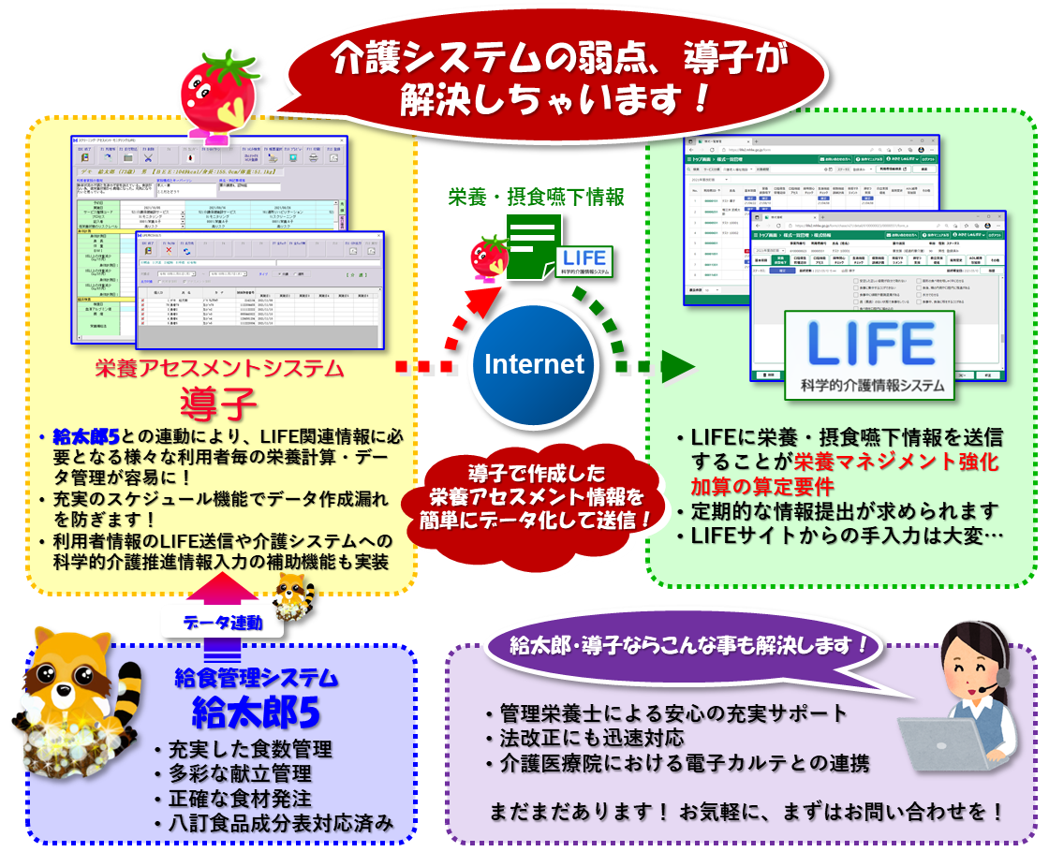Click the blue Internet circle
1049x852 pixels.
click(x=533, y=364)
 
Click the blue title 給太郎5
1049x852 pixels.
click(x=256, y=713)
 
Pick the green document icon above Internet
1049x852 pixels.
click(x=532, y=245)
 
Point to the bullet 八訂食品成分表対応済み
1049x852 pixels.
click(x=277, y=823)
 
